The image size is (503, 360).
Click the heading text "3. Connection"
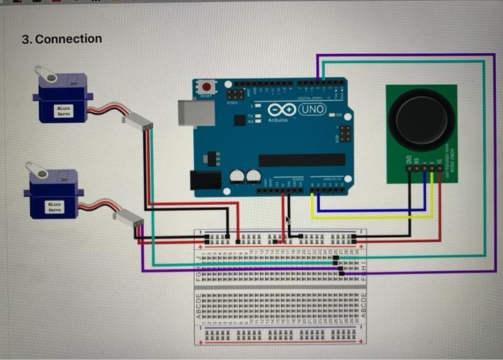pyautogui.click(x=61, y=39)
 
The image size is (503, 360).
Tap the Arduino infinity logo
pyautogui.click(x=281, y=109)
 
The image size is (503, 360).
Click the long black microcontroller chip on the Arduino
pyautogui.click(x=295, y=160)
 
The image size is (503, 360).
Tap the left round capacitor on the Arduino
pyautogui.click(x=236, y=176)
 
